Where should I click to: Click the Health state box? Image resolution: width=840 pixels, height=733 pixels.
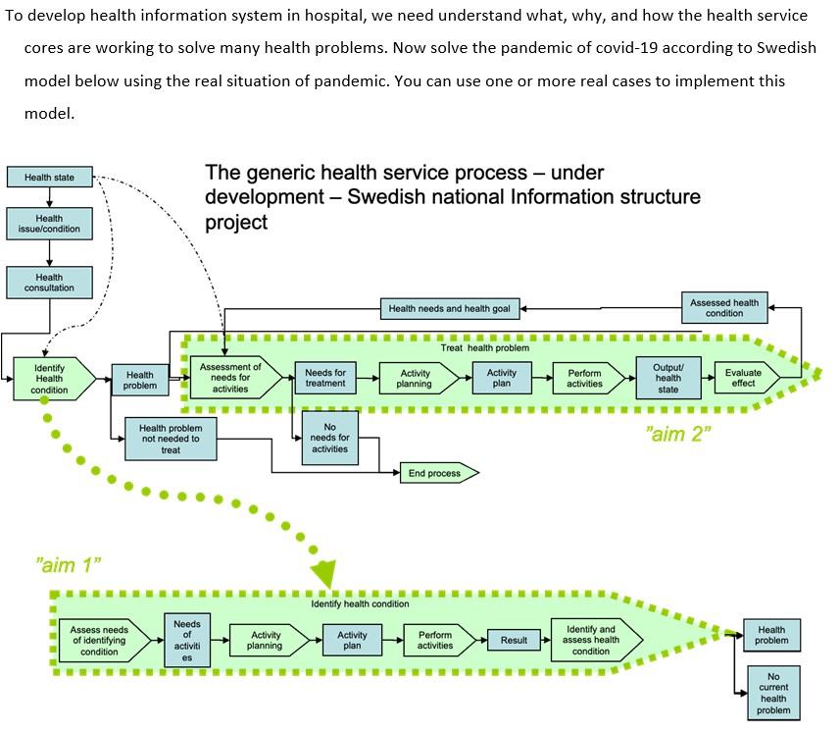coord(50,178)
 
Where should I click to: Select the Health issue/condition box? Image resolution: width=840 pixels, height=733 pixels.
coord(49,224)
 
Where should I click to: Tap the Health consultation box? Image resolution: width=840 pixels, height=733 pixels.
coord(49,283)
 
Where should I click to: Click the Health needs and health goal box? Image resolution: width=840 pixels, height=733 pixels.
coord(449,309)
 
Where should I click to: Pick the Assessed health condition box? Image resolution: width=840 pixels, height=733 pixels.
coord(724,307)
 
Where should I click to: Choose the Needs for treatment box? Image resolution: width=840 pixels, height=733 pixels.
coord(324,377)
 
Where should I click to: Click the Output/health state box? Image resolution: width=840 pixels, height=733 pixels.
coord(667,379)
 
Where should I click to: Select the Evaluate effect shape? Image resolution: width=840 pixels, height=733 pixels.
coord(746,378)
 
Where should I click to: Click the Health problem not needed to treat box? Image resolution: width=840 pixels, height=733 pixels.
coord(171,439)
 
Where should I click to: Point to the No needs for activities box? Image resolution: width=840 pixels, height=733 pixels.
coord(329,438)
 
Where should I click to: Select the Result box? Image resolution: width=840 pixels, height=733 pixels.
coord(514,641)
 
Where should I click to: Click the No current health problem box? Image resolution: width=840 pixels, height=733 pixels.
coord(772,693)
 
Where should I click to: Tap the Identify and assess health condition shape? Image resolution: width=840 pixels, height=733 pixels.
coord(592,640)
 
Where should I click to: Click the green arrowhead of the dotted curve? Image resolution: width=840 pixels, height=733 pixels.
coord(323,573)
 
